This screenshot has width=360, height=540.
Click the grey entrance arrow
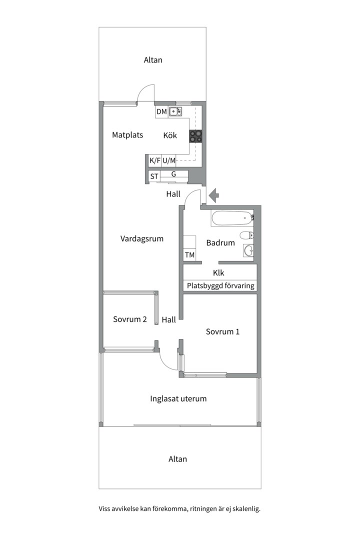click(x=214, y=195)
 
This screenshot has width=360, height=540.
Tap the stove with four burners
click(x=195, y=136)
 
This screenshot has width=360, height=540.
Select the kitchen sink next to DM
click(x=175, y=111)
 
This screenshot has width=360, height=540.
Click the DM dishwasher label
click(x=161, y=111)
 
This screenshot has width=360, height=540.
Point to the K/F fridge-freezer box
click(x=154, y=160)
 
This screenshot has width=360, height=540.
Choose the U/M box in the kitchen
click(x=169, y=160)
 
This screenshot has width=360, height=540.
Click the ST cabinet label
click(x=154, y=176)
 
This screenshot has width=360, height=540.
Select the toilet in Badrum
click(x=246, y=235)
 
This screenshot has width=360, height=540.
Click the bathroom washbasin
click(x=248, y=250)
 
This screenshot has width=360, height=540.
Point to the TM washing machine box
click(x=189, y=255)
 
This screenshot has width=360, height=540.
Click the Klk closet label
click(x=218, y=273)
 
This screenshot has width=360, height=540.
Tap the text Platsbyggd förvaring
click(x=220, y=285)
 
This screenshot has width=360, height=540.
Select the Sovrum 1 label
click(x=222, y=331)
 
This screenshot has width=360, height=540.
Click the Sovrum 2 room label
click(x=130, y=319)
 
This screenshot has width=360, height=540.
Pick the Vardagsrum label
click(x=142, y=238)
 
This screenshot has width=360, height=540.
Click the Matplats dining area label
click(x=127, y=135)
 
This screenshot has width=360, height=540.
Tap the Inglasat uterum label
click(x=178, y=399)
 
